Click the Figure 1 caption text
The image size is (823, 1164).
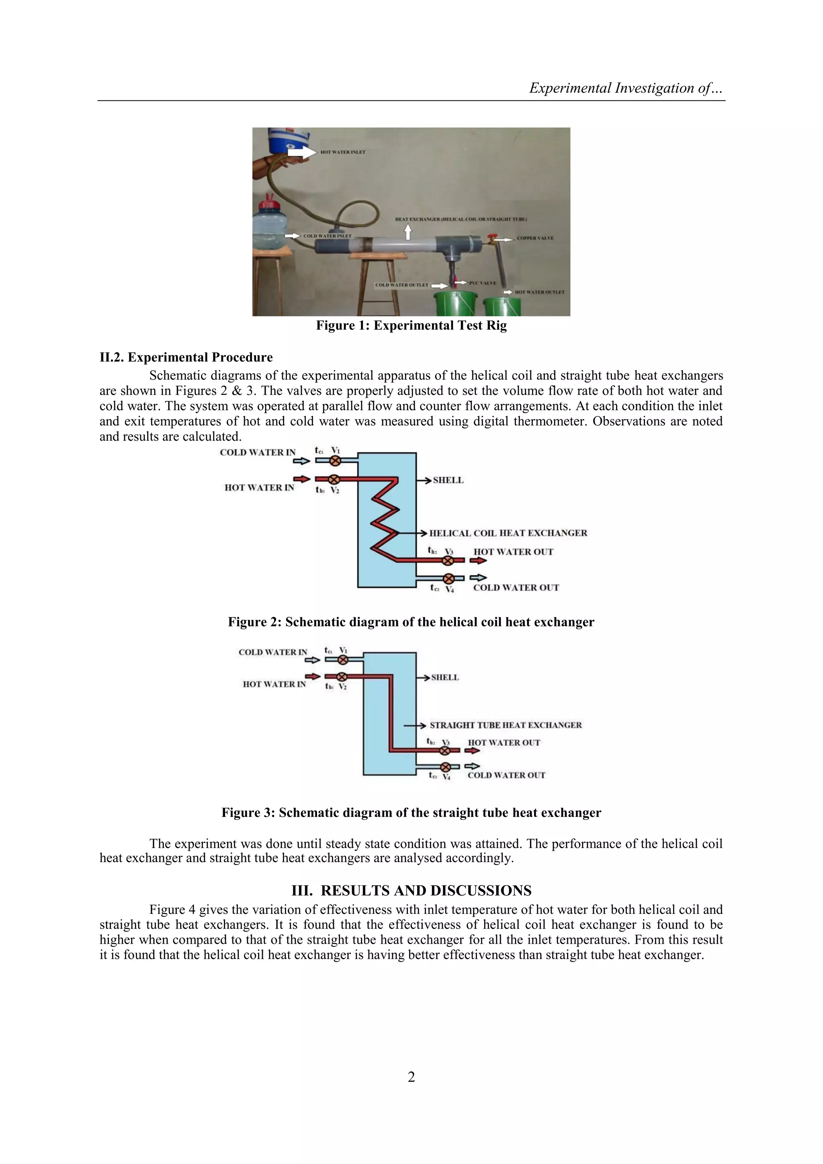[x=411, y=325]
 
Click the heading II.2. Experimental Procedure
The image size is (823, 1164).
[x=186, y=357]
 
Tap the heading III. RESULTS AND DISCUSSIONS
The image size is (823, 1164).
[x=411, y=891]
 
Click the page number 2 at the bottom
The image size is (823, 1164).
[x=411, y=1077]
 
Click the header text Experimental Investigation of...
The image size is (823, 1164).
[x=625, y=88]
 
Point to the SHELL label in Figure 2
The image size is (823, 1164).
[x=448, y=480]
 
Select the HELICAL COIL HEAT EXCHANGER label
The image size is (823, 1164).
[x=508, y=533]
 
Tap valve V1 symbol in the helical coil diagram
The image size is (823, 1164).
[x=335, y=460]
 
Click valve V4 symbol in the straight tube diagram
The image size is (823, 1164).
[x=445, y=766]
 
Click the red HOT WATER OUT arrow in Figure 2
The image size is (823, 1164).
[x=478, y=560]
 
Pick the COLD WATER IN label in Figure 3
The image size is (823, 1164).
[x=272, y=652]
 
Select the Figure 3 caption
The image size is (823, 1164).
[x=411, y=813]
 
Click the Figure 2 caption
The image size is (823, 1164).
[x=411, y=622]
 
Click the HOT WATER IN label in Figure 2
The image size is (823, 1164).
[x=259, y=487]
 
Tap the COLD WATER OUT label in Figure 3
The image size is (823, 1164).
[x=506, y=775]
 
